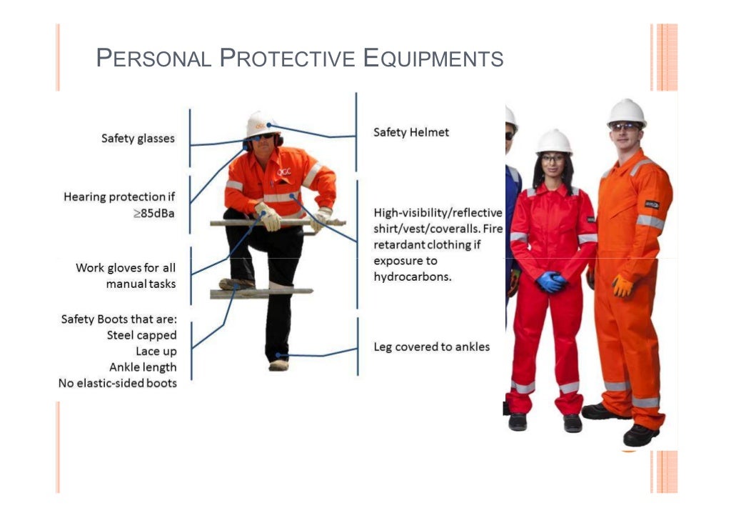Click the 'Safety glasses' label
click(138, 139)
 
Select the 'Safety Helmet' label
click(411, 132)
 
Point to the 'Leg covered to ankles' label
click(432, 347)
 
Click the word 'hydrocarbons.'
click(413, 277)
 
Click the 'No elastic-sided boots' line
click(118, 383)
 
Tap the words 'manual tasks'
click(141, 284)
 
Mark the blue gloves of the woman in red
click(551, 281)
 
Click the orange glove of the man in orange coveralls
click(622, 286)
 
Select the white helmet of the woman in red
click(554, 141)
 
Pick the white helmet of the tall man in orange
click(627, 111)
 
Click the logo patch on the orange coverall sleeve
click(651, 205)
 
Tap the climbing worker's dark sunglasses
click(262, 136)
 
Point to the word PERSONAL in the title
click(154, 58)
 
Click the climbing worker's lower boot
click(278, 364)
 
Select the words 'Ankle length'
click(143, 367)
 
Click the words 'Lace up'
click(156, 351)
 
